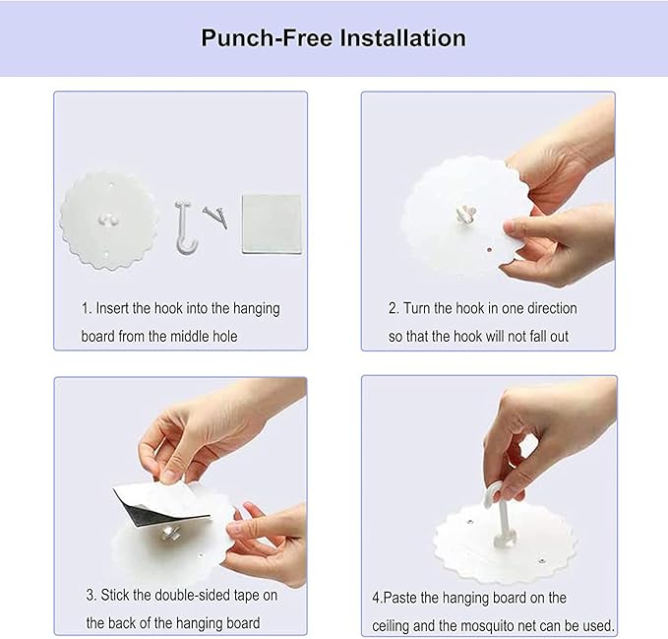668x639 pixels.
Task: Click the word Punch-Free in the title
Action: (x=268, y=38)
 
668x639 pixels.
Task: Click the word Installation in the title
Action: (x=402, y=38)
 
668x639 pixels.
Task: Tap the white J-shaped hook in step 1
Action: (x=185, y=228)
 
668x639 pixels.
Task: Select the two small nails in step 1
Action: (x=215, y=217)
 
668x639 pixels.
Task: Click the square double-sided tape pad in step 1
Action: (x=272, y=224)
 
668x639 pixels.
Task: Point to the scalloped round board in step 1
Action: (x=109, y=221)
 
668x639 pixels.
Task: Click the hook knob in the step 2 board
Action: (x=466, y=214)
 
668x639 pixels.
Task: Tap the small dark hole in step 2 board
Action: (x=490, y=249)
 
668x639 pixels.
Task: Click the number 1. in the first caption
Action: (x=87, y=308)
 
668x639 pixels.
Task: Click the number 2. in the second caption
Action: (x=394, y=308)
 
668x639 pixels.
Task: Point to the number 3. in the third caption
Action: (x=91, y=595)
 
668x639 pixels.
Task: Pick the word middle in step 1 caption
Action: (x=189, y=337)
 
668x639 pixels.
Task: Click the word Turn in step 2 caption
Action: (x=416, y=308)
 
